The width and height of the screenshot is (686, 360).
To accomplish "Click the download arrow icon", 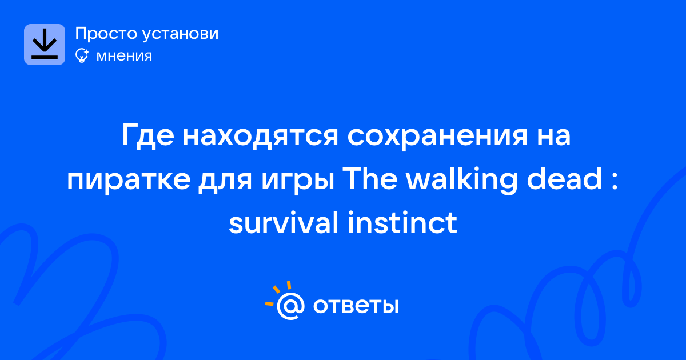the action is tap(45, 45).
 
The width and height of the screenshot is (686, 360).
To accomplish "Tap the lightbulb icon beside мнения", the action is tap(82, 55).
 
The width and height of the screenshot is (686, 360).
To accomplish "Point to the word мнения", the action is tap(124, 56).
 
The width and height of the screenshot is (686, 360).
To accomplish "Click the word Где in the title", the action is tap(148, 135).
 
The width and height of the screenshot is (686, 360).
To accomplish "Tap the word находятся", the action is tap(260, 136).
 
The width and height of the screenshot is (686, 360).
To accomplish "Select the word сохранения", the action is tap(437, 137).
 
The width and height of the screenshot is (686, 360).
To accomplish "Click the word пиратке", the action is tap(129, 181).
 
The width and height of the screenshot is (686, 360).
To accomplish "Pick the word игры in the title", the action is tap(298, 181).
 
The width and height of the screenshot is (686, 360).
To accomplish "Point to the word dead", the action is tap(564, 178).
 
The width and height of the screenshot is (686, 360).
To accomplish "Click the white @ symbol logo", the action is tap(290, 306).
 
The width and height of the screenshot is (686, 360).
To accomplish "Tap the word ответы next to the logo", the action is tap(356, 306).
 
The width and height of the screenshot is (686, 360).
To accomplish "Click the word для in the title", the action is tap(225, 182).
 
